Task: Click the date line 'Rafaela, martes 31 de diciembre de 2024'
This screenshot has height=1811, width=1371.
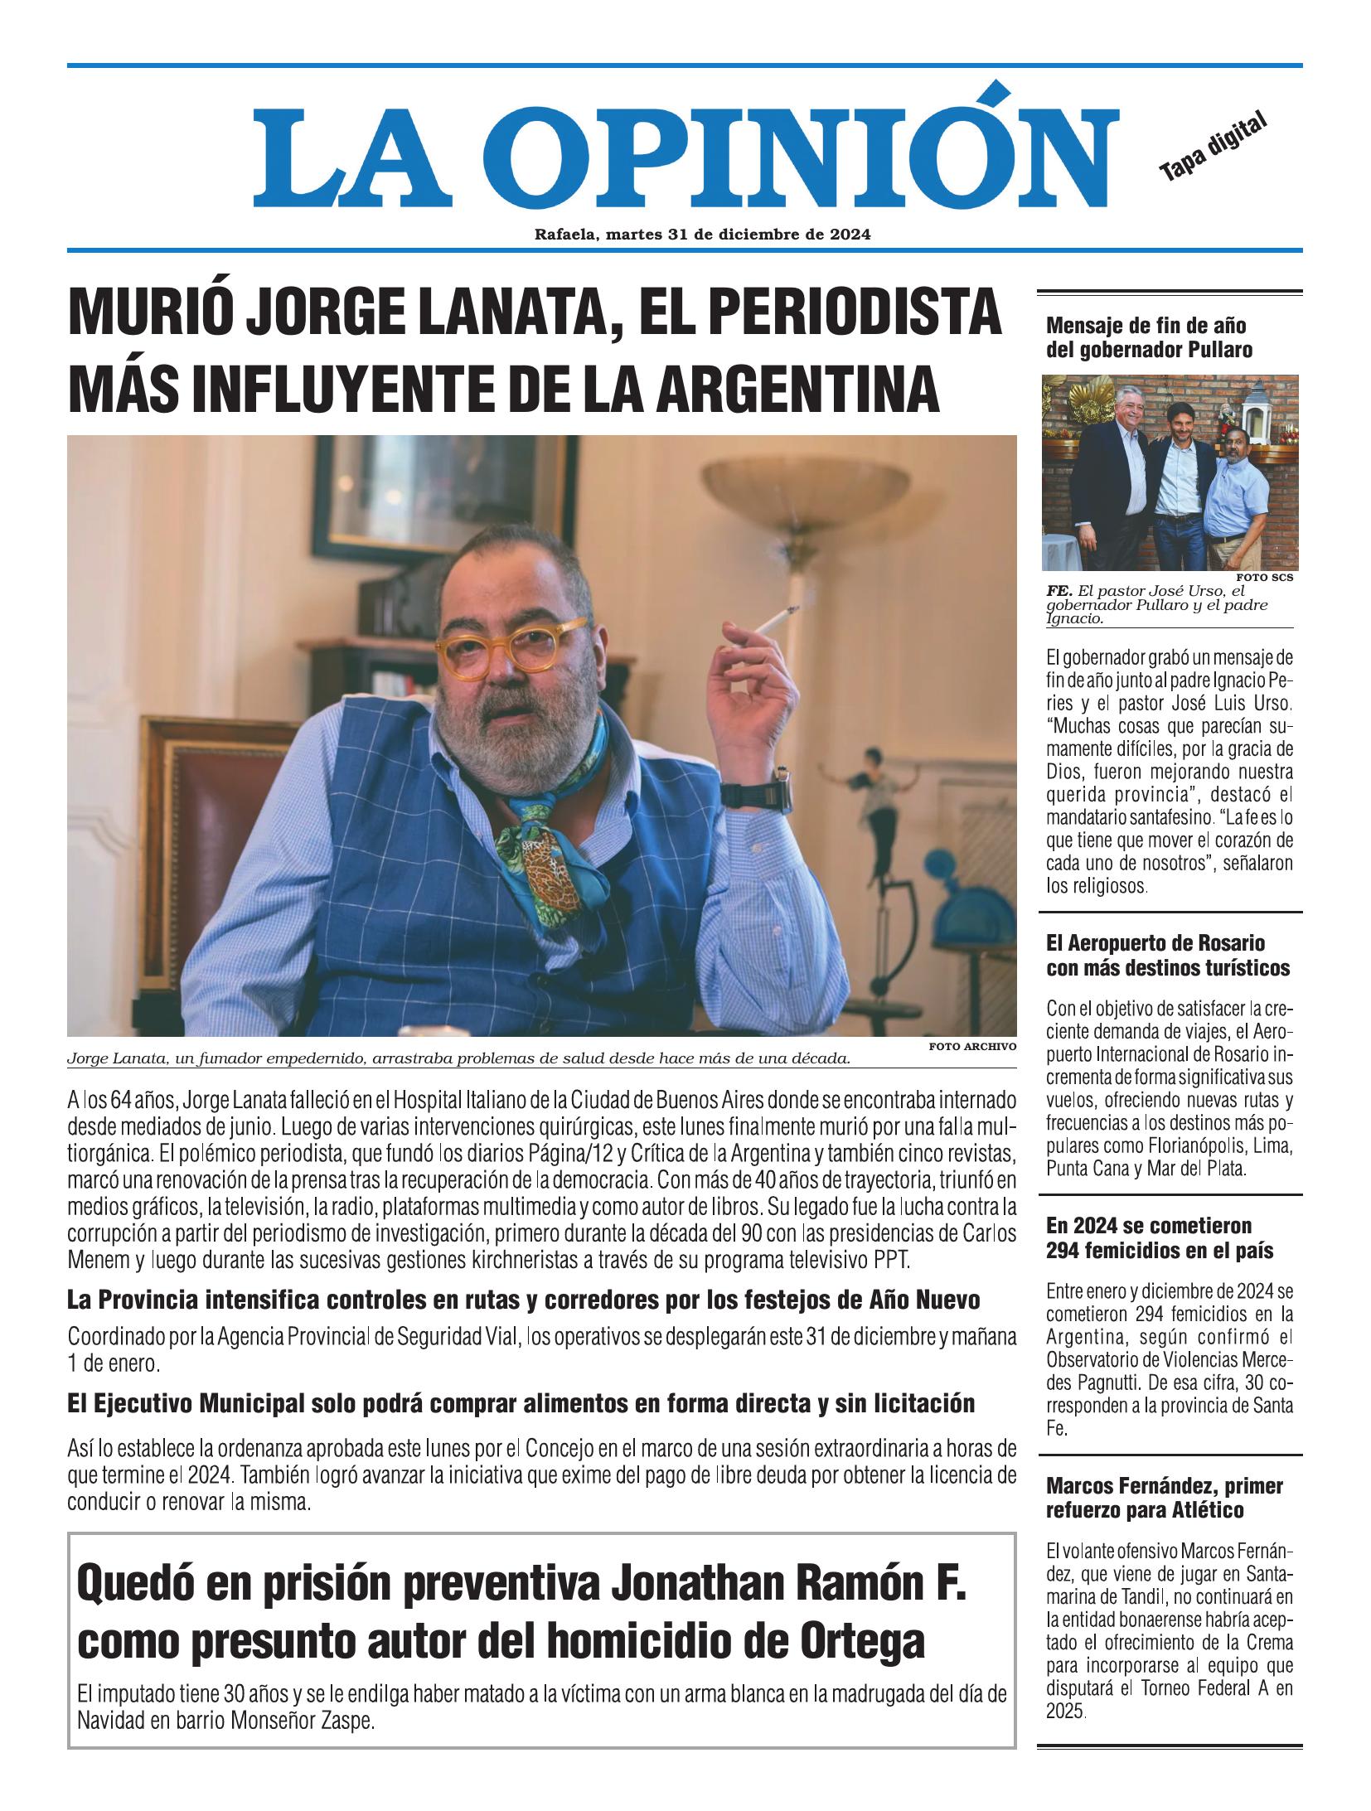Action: tap(701, 235)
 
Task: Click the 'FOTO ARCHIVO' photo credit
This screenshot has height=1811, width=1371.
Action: tap(971, 1047)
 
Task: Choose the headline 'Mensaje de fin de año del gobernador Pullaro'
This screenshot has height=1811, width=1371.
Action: tap(1149, 337)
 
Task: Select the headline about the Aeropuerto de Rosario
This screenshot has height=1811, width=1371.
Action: tap(1168, 955)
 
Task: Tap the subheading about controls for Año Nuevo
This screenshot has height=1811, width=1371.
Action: tap(523, 1300)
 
